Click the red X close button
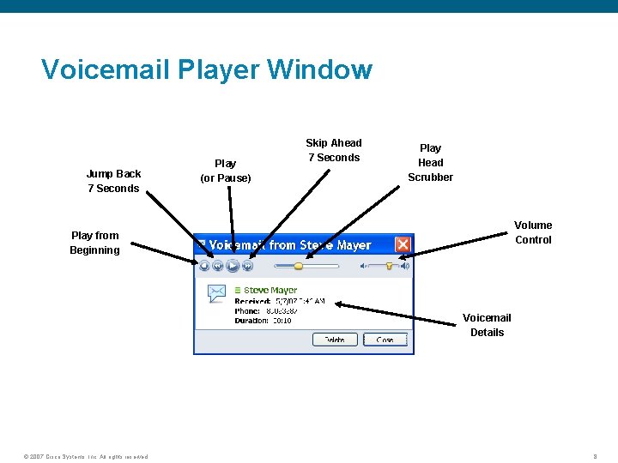point(402,245)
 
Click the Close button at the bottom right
point(385,340)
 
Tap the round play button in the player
point(233,266)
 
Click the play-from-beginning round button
point(203,266)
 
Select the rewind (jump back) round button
point(218,266)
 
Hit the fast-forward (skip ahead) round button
point(247,266)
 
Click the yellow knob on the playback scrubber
point(298,266)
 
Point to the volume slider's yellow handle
point(390,266)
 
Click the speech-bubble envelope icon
point(216,293)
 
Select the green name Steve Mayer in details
point(270,291)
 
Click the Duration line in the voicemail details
point(264,321)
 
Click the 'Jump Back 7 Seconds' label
point(113,181)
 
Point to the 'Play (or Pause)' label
point(226,171)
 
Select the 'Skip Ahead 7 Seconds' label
point(334,150)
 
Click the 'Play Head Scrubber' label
point(431,162)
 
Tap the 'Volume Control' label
point(533,232)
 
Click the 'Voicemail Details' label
point(487,325)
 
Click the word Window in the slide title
point(320,69)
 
